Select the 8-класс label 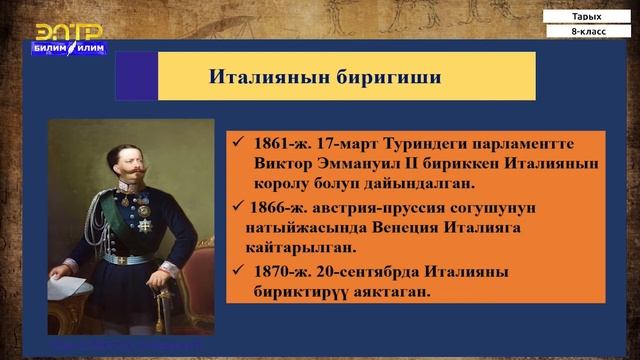[x=586, y=33]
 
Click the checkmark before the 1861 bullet [x=236, y=141]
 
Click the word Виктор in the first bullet [x=285, y=163]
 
